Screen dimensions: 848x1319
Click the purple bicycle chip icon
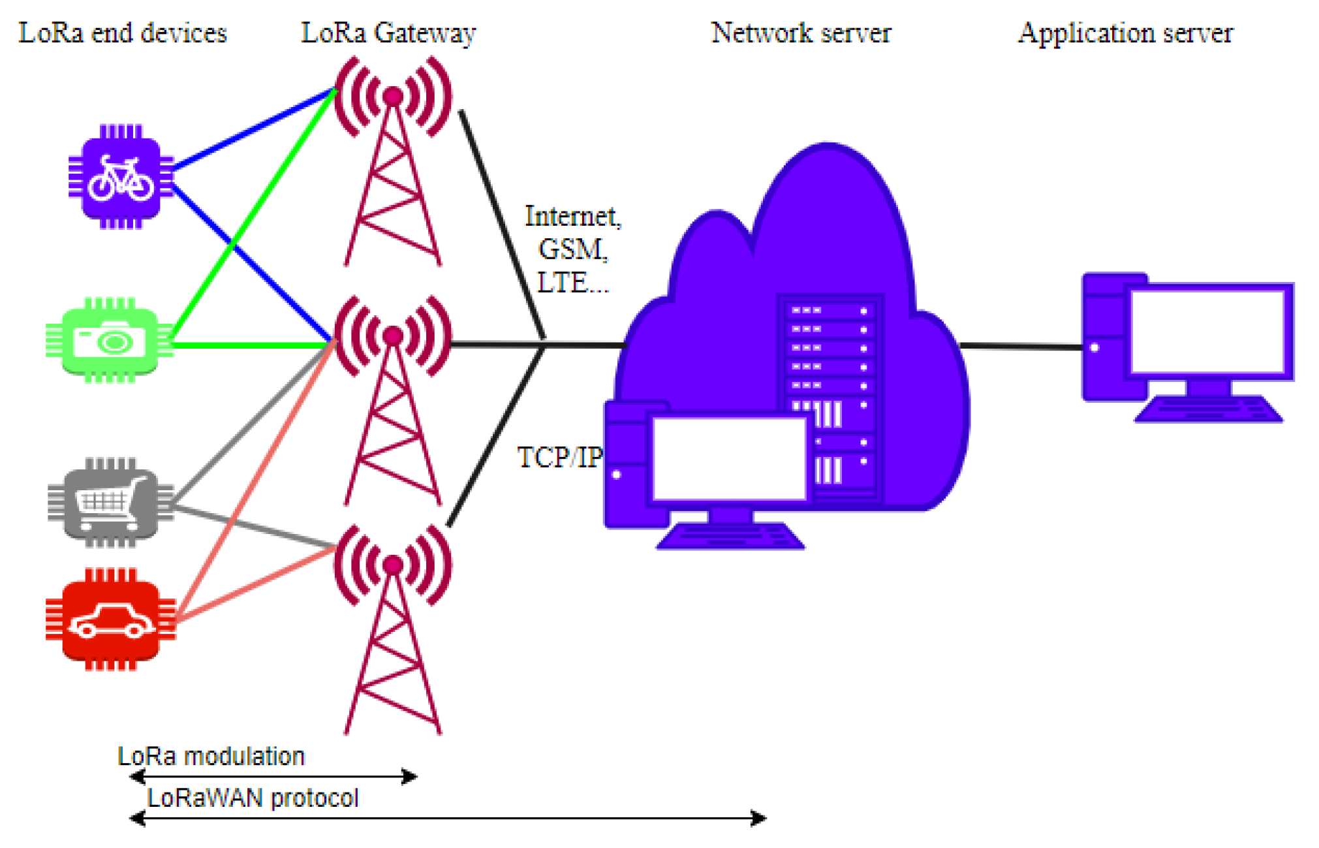point(121,177)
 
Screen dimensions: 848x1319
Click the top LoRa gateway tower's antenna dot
point(393,97)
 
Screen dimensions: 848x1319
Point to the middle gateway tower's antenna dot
point(393,336)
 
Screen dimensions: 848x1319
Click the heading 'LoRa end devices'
point(123,33)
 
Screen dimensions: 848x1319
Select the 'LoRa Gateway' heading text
point(388,33)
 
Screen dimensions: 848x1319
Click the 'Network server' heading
point(801,33)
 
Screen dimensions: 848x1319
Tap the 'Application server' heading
point(1125,33)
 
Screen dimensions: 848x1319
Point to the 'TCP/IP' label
point(559,458)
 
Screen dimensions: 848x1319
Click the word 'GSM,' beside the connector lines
point(573,249)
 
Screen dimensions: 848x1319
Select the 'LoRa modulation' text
point(211,756)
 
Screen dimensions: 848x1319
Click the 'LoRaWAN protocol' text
point(253,798)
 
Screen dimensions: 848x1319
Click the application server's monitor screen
point(1207,332)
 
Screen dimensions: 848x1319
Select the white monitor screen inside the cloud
point(730,459)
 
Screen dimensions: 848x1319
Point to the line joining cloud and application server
point(1021,346)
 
